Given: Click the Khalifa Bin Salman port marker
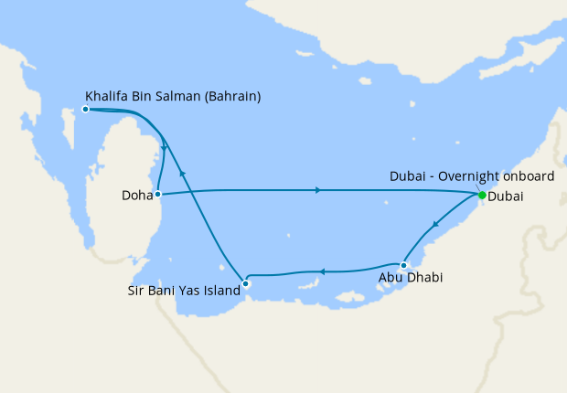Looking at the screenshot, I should click(x=85, y=109).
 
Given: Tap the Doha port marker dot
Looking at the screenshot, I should click(x=158, y=194).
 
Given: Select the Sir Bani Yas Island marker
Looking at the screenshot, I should click(x=245, y=283).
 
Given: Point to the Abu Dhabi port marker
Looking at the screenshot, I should click(x=403, y=265).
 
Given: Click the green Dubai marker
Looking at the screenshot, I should click(x=481, y=195).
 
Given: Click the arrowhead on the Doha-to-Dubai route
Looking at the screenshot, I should click(x=317, y=190).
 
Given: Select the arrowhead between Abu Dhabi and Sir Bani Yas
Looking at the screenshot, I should click(x=321, y=271).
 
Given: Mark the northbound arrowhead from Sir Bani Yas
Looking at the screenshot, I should click(x=183, y=172).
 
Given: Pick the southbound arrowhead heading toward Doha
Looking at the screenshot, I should click(x=164, y=148).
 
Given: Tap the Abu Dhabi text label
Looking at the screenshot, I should click(x=411, y=278).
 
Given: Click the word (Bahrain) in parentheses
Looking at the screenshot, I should click(x=229, y=94).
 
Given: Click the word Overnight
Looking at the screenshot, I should click(x=466, y=176).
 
